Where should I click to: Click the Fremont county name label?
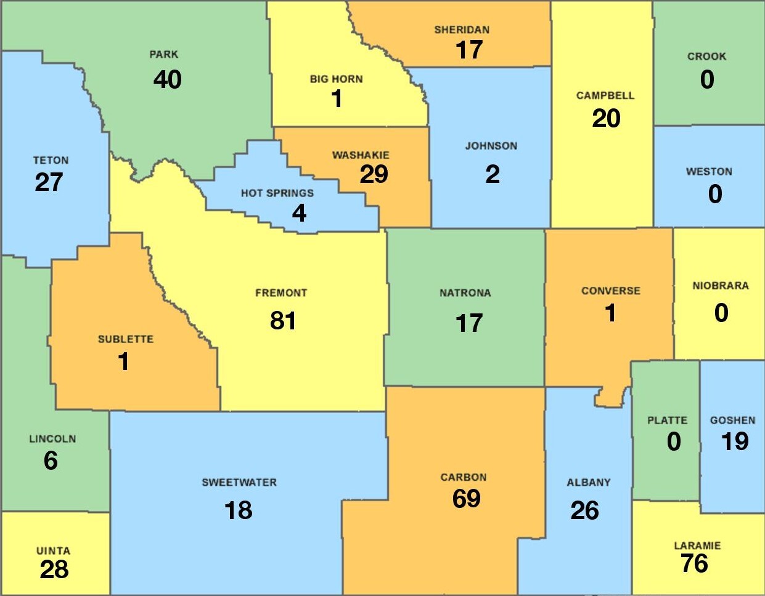[x=281, y=293]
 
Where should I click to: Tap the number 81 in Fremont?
[x=283, y=320]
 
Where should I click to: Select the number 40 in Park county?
[x=167, y=79]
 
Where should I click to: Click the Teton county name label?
[x=51, y=161]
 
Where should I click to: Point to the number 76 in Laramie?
[x=694, y=563]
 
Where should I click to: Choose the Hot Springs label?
[x=277, y=193]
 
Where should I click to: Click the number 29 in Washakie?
[x=374, y=174]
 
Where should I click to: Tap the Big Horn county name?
[x=336, y=79]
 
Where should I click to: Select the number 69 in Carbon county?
[x=466, y=498]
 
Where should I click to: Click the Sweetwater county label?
[x=239, y=483]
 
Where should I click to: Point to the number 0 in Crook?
[x=707, y=79]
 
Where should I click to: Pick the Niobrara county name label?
[x=720, y=286]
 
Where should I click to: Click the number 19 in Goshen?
[x=735, y=441]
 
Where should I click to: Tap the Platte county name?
[x=667, y=421]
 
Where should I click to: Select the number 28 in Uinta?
[x=54, y=570]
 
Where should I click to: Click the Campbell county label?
[x=605, y=96]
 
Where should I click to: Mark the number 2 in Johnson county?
[x=492, y=174]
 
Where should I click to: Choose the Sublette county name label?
[x=126, y=339]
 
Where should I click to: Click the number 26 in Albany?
[x=584, y=510]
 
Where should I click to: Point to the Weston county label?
[x=709, y=172]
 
